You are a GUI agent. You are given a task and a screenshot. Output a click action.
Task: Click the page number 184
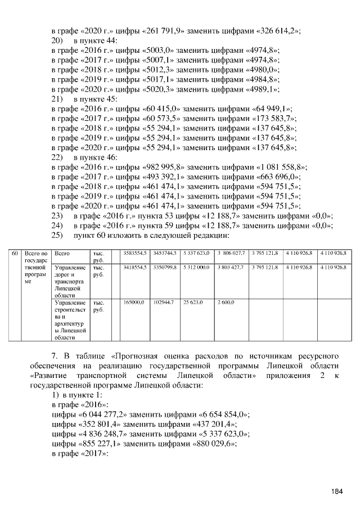pyautogui.click(x=337, y=491)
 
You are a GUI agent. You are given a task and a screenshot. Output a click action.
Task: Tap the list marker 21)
pyautogui.click(x=56, y=100)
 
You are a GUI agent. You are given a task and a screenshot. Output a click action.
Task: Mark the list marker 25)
pyautogui.click(x=56, y=235)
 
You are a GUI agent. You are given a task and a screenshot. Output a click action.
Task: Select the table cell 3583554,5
pyautogui.click(x=135, y=254)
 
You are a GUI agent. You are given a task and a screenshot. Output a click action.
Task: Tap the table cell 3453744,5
pyautogui.click(x=165, y=254)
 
